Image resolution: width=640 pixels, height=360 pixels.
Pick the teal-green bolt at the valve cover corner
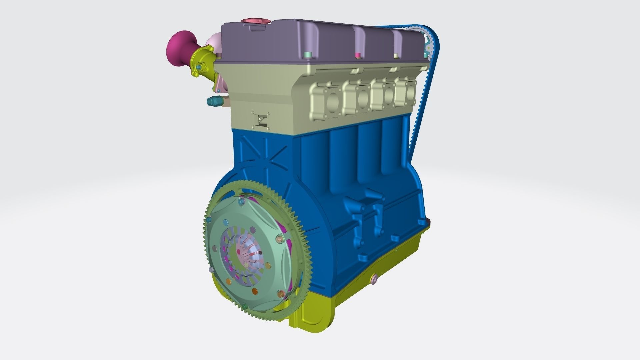pyautogui.click(x=307, y=54)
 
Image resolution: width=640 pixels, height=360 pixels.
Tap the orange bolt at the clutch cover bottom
pyautogui.click(x=255, y=292)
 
